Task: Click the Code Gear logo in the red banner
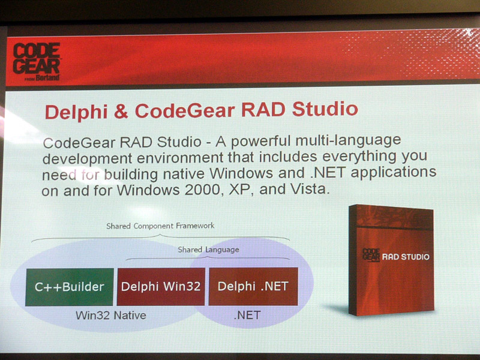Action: pyautogui.click(x=37, y=62)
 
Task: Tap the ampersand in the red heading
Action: pyautogui.click(x=121, y=112)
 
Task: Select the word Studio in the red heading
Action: pyautogui.click(x=325, y=109)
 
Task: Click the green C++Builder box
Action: pyautogui.click(x=70, y=287)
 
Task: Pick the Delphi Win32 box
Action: pyautogui.click(x=161, y=287)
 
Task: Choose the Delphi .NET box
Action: pyautogui.click(x=253, y=286)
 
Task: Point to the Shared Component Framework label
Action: pyautogui.click(x=160, y=226)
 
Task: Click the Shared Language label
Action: pyautogui.click(x=208, y=250)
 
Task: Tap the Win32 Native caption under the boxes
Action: pyautogui.click(x=111, y=316)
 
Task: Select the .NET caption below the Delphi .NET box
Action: pyautogui.click(x=247, y=315)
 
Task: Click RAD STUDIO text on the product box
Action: pyautogui.click(x=406, y=257)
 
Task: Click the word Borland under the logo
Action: pyautogui.click(x=47, y=78)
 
